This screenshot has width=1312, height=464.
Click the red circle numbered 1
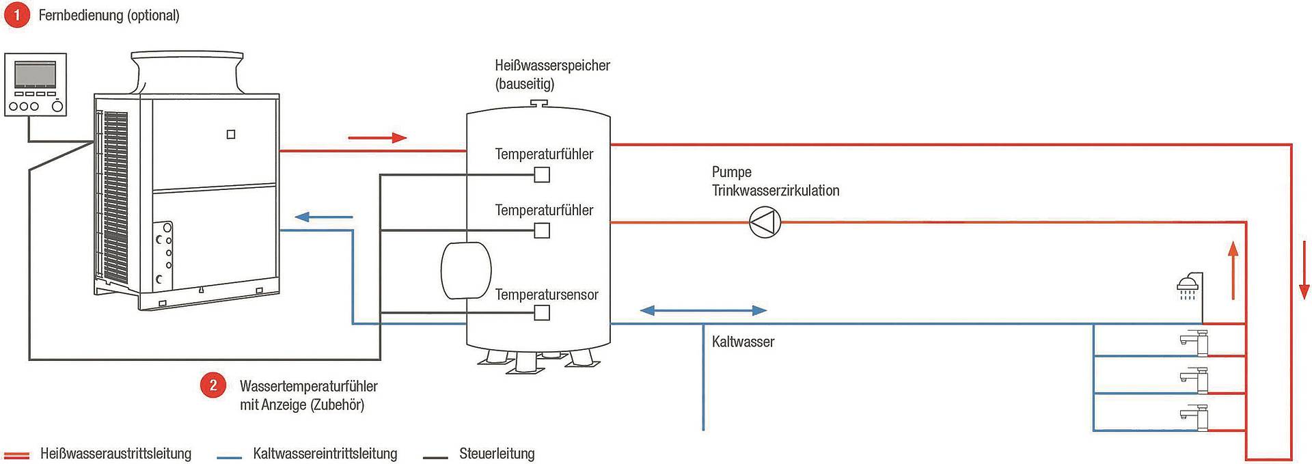coord(17,15)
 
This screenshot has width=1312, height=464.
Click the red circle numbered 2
coord(213,385)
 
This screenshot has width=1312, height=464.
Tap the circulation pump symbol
coord(765,222)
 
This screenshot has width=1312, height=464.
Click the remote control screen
coord(35,74)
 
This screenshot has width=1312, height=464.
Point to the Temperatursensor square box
coord(542,313)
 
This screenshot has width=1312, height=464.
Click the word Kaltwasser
coord(743,342)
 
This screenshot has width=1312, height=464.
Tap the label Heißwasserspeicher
coord(552,66)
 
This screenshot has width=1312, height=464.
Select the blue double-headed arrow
coord(703,310)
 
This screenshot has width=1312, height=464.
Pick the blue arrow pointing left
coord(324,217)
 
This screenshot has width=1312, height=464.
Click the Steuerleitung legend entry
coord(479,454)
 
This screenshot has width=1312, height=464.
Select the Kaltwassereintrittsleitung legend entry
coord(307,454)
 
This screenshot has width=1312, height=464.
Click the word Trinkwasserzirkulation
coord(776,191)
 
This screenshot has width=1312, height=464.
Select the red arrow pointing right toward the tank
coord(377,138)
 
